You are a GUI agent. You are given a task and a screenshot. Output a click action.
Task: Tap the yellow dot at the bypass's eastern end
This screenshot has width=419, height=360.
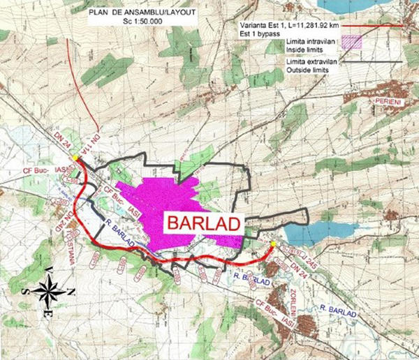point(273,244)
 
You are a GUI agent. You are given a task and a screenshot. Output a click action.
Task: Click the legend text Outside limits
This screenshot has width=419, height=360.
point(308,68)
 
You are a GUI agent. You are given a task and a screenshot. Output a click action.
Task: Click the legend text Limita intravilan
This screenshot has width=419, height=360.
point(309,42)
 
